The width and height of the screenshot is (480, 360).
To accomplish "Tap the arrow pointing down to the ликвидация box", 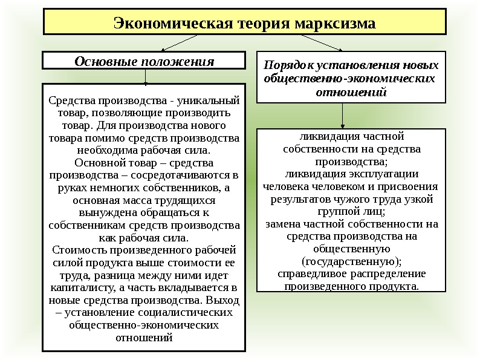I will pyautogui.click(x=343, y=114).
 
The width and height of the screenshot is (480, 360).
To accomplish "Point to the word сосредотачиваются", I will pyautogui.click(x=181, y=175).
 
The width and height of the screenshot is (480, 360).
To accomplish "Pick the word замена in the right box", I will pyautogui.click(x=283, y=224).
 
